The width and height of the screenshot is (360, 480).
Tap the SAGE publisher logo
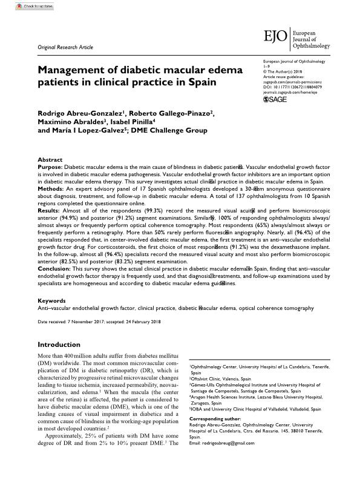tap(277, 99)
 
